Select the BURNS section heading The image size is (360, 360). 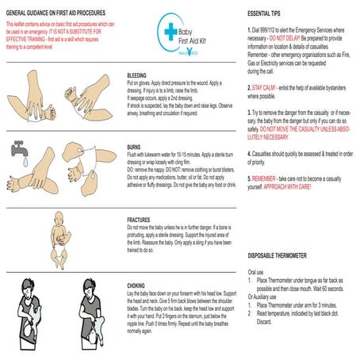coord(136,146)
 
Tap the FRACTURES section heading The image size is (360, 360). coord(142,218)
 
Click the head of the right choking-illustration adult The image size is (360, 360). coord(88,285)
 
